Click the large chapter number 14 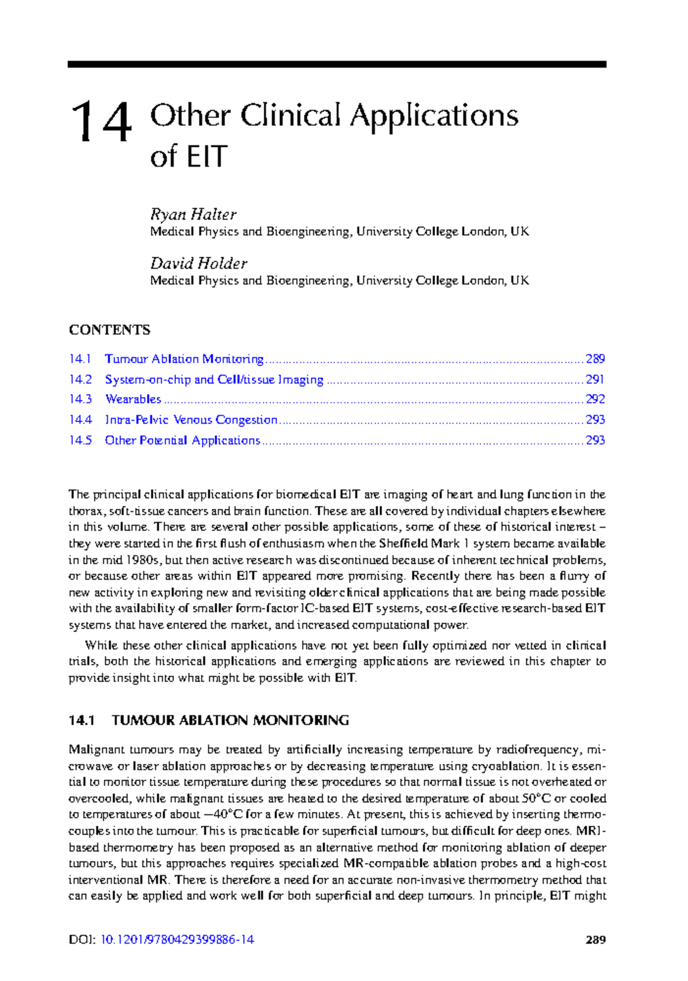pos(101,121)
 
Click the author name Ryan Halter pos(193,214)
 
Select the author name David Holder pos(198,264)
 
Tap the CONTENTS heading pos(110,330)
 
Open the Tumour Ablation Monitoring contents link pos(184,359)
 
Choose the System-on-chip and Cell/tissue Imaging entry pos(214,380)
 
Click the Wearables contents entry pos(133,399)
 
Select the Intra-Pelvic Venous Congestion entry pos(191,420)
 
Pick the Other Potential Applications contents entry pos(182,441)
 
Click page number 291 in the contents pos(595,380)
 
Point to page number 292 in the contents pos(595,399)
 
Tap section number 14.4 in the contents pos(80,420)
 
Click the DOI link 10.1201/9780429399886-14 pos(177,940)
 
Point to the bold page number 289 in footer pos(596,940)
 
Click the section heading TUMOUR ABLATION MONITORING pos(230,721)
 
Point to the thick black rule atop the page pos(337,65)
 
